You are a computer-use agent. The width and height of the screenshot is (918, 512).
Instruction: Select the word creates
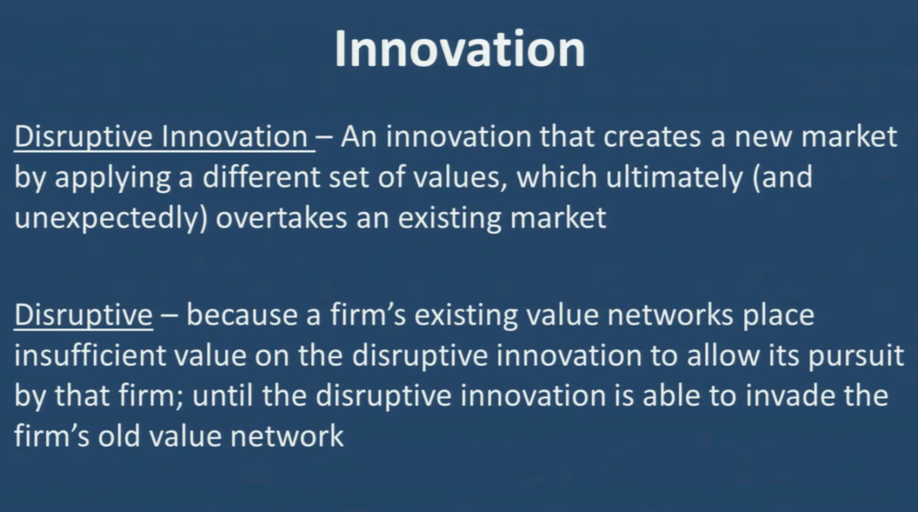[652, 137]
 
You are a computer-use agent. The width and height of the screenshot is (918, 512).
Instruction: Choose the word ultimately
[675, 178]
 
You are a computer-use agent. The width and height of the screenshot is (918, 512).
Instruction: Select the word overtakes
[282, 217]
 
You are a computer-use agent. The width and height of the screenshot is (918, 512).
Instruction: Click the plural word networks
[670, 315]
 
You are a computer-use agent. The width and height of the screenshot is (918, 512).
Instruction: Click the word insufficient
[90, 355]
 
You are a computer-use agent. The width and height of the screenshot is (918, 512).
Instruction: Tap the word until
[221, 395]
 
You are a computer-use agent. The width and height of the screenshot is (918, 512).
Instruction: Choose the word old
[119, 435]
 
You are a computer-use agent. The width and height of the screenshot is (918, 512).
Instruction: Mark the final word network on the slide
[287, 435]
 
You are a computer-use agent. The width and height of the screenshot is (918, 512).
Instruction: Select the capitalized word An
[359, 137]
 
